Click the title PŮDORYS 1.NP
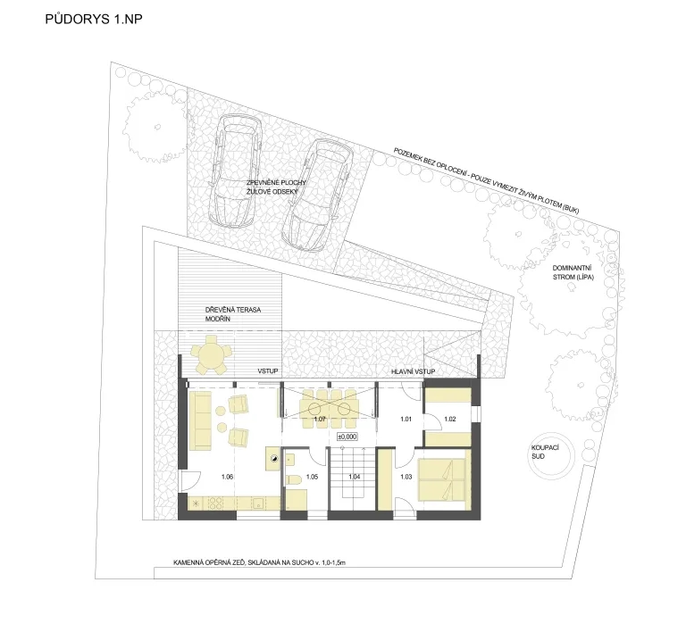94,20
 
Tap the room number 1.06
227,477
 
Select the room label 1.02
450,419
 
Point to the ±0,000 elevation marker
347,437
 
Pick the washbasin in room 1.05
289,459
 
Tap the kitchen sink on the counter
258,503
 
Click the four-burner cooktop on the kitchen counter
215,503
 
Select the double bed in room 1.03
441,479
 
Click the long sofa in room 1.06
199,420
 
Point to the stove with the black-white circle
273,458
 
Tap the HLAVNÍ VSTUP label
413,371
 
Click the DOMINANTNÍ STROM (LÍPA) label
573,272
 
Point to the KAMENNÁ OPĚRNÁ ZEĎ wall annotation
259,562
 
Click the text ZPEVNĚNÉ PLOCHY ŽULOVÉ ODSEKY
276,187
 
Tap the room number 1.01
406,419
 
